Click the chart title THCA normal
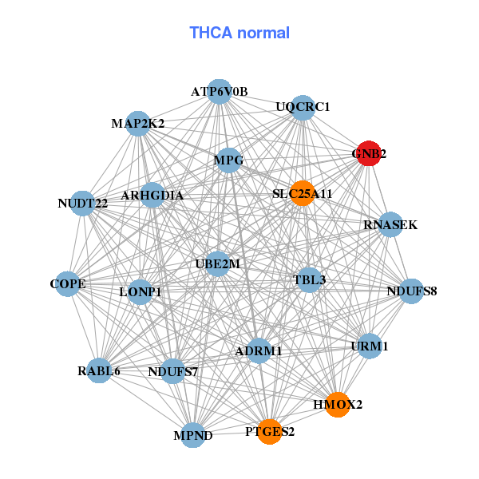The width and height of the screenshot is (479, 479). coord(239,33)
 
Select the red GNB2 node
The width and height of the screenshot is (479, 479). coord(367,154)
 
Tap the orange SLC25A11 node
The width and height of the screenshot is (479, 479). coord(301,193)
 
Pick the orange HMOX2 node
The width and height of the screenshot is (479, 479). coord(338,405)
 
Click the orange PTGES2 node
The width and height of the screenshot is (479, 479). coord(269,432)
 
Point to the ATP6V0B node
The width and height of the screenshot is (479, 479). coord(220,92)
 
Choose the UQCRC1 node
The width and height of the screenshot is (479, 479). coord(303,107)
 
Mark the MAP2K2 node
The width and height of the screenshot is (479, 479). coord(138,124)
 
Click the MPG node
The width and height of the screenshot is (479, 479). coord(228,160)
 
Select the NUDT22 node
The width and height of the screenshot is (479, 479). coord(82,204)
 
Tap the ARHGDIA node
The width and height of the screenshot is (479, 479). coord(152,196)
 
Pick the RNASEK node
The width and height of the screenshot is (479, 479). coord(390,225)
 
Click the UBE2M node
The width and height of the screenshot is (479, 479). coord(218,263)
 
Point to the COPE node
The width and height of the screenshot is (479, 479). coord(68,283)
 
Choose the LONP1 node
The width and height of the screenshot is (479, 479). coord(141,292)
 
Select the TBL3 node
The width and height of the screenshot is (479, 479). coord(309,279)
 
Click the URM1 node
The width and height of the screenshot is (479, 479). coord(369,346)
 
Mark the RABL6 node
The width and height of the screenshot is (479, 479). coord(99,370)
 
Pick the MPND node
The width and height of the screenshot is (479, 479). coord(193,435)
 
